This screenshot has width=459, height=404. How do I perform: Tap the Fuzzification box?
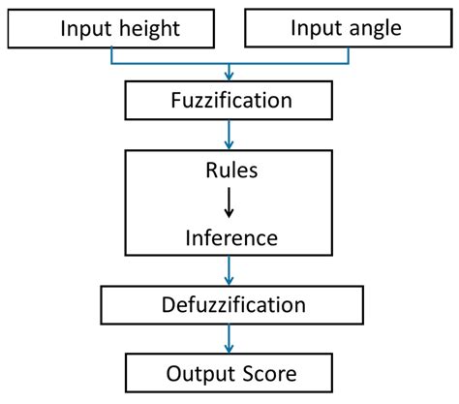(229, 99)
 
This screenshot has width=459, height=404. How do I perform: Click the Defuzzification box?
(229, 305)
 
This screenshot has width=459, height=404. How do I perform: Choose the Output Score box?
(229, 373)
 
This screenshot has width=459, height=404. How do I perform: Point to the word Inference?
(229, 237)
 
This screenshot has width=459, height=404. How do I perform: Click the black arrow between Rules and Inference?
(229, 202)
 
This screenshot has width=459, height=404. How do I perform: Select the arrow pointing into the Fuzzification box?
(229, 74)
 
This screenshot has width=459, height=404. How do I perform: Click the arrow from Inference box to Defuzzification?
(229, 273)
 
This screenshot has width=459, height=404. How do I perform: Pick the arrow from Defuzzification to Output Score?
(229, 339)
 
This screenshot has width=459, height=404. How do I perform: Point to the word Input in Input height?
(84, 28)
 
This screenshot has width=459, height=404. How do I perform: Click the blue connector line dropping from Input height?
(113, 57)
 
